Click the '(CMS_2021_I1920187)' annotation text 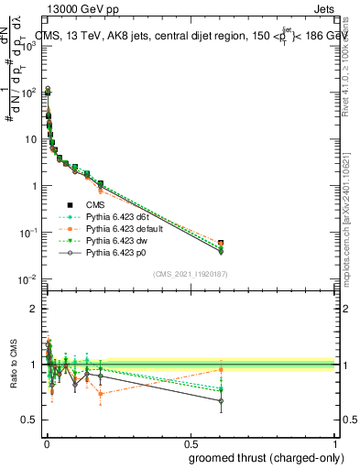point(189,274)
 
